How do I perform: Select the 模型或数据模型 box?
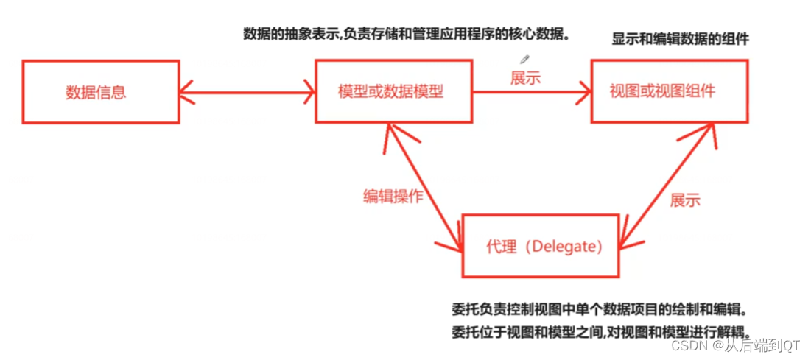click(x=393, y=91)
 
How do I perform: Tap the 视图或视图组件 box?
click(x=670, y=91)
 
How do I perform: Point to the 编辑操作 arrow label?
click(x=393, y=195)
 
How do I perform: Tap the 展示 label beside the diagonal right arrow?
click(x=684, y=200)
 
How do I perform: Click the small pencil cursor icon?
click(x=524, y=59)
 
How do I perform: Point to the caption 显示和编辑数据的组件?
click(x=680, y=40)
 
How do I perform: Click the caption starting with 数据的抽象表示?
click(x=407, y=33)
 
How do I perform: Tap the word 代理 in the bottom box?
click(x=501, y=246)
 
